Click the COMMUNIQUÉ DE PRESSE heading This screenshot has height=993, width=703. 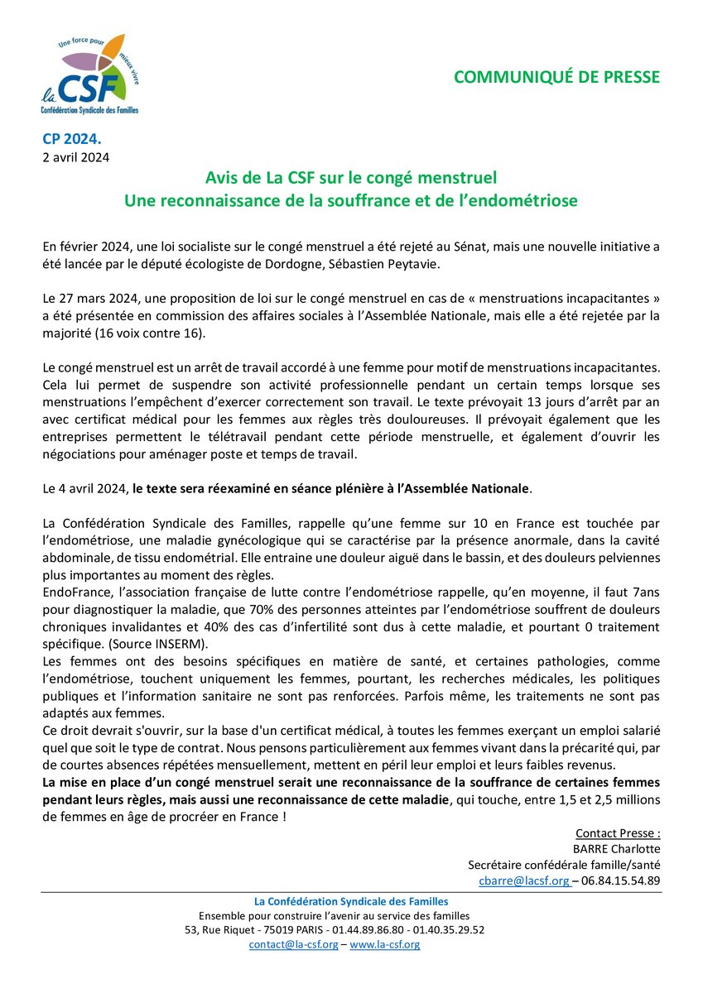[556, 77]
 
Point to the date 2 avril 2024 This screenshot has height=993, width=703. [75, 156]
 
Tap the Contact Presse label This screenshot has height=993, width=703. [617, 832]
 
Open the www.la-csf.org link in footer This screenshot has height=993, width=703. [385, 944]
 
